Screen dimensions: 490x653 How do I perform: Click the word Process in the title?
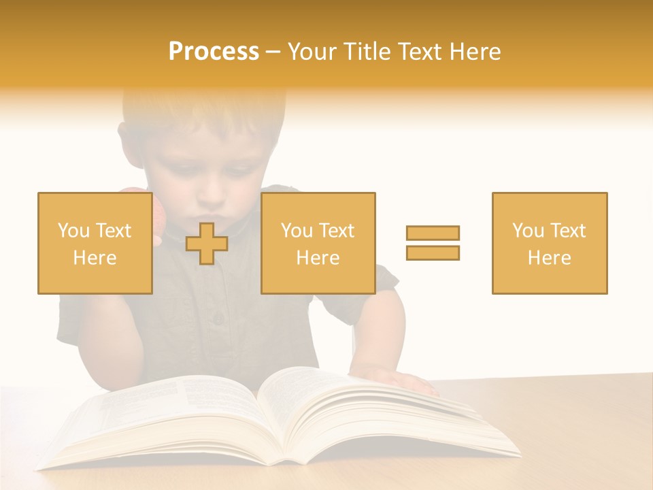(x=214, y=52)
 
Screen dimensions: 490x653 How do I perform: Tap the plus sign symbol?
(x=207, y=244)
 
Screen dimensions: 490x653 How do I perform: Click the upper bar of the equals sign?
(x=433, y=233)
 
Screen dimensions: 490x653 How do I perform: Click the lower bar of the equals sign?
(x=433, y=252)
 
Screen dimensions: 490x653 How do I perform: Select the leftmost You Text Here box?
(x=95, y=243)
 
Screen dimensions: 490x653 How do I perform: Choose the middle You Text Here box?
(x=318, y=243)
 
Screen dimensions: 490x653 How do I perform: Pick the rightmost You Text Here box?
(x=549, y=243)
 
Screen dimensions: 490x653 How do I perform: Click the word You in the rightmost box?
(x=527, y=231)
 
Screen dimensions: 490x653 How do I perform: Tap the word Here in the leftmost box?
(x=95, y=258)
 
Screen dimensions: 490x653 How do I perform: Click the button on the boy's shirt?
(x=218, y=318)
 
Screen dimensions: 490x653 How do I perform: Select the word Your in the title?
(x=313, y=52)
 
